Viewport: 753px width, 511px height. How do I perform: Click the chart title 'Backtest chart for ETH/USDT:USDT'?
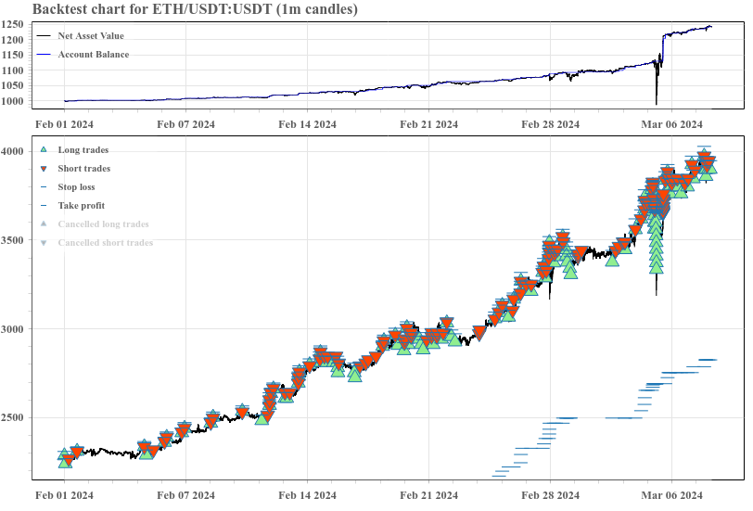(195, 9)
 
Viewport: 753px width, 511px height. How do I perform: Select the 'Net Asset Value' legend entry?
(90, 35)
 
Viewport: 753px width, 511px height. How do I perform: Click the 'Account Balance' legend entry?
(93, 54)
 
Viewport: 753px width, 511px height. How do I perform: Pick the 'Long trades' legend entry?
(83, 149)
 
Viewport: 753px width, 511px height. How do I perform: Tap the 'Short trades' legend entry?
(83, 168)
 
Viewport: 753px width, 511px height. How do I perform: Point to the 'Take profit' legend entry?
(81, 205)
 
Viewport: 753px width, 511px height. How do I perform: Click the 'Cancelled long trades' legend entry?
(102, 224)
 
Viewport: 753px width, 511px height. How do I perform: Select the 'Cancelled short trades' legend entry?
(105, 242)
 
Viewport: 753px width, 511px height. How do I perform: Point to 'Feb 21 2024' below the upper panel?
(428, 124)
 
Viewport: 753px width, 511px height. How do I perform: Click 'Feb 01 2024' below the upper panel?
(64, 124)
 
